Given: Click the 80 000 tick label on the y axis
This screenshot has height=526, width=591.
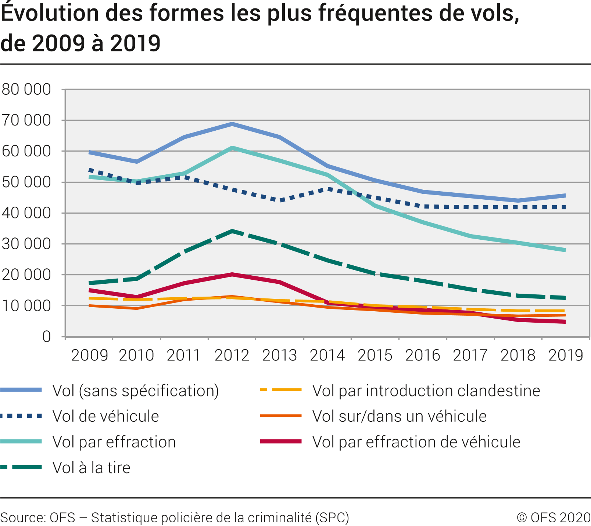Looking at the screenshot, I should point(26,89).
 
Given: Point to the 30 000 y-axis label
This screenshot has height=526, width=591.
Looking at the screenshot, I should point(26,244).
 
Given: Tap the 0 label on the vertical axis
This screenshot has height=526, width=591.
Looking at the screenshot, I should point(46,337).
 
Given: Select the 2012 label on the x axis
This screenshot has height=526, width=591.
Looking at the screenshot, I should point(232,355).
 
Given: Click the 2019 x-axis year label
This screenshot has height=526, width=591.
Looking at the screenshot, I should point(566,355).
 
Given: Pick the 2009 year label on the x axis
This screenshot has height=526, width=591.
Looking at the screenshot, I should point(89,355).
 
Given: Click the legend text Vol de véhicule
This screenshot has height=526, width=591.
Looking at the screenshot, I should point(106,416).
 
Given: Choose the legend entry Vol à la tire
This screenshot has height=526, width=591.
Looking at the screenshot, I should point(92,468).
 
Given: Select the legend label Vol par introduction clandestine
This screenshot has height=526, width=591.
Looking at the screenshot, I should point(426,391).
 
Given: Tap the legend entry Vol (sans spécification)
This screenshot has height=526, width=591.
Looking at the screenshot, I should point(136,391).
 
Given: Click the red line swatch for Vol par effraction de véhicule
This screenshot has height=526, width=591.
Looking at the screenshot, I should point(281,442).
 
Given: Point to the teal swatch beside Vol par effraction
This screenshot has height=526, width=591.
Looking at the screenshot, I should point(21,442).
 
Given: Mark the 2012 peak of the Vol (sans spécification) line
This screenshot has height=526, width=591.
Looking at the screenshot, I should point(232,124).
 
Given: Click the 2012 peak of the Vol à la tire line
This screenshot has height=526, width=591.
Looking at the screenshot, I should point(232,231).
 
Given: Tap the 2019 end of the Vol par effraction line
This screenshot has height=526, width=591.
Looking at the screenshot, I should point(565,250).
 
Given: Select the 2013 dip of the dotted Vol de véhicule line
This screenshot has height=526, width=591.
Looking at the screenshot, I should point(280,200).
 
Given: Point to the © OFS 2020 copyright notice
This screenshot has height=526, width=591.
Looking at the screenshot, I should point(554,518).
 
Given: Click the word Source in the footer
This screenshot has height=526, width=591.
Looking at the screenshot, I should point(22,518).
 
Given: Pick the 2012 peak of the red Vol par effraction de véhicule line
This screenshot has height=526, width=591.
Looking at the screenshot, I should point(232,274).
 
